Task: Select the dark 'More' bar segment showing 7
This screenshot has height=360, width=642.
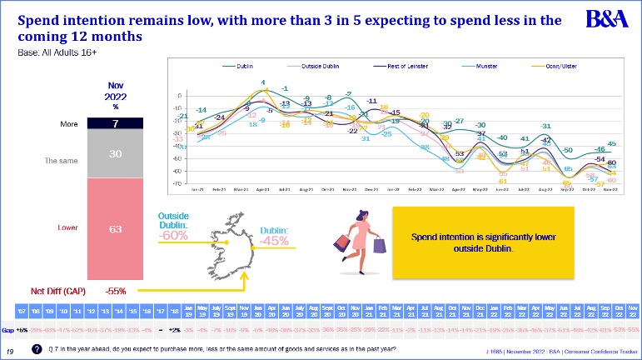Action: (x=116, y=123)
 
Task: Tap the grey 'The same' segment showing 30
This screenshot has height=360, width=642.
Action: (x=116, y=154)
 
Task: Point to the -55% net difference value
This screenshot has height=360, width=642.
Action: (x=116, y=291)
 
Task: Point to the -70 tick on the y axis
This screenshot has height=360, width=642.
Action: (x=178, y=183)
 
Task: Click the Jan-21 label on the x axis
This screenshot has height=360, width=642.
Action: (x=197, y=190)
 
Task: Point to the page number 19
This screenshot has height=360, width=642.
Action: (x=9, y=352)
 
